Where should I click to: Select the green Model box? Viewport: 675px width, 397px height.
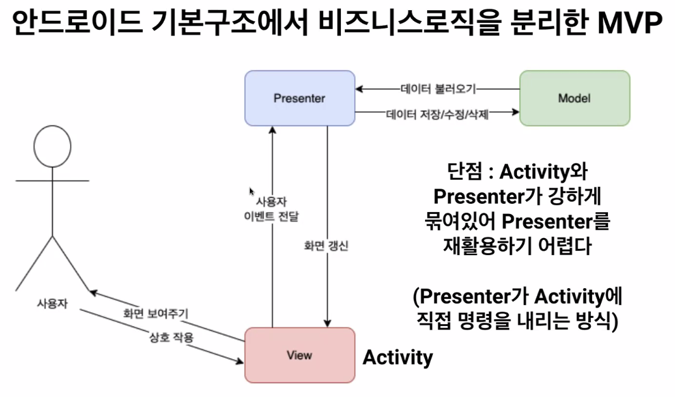tap(574, 98)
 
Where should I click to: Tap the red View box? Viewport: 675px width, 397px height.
tap(299, 355)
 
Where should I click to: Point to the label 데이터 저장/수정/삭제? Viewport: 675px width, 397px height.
tap(437, 115)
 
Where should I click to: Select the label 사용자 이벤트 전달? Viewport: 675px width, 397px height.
tap(271, 209)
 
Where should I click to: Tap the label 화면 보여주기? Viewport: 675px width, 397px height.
tap(155, 313)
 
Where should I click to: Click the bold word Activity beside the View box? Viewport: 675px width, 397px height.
tap(397, 357)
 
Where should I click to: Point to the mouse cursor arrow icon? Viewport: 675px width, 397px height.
tap(252, 192)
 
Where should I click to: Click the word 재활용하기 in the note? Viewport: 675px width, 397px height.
tap(488, 246)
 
